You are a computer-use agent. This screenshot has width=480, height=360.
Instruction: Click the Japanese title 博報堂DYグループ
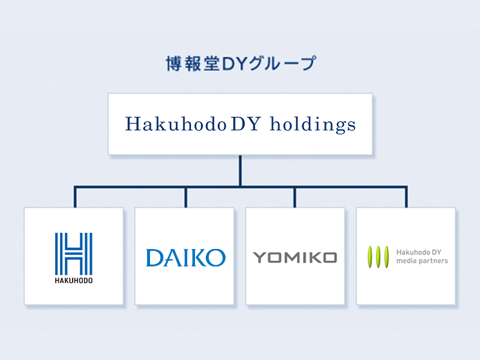pos(240,64)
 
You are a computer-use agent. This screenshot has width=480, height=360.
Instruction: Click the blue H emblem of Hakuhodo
pos(73,253)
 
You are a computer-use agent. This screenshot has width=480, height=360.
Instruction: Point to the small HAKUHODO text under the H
pos(73,280)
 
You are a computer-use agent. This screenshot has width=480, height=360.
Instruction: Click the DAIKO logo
pos(185,257)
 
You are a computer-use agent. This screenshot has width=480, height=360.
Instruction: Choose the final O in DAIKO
pos(216,257)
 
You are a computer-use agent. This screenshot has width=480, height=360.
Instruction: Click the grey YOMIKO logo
pos(295,258)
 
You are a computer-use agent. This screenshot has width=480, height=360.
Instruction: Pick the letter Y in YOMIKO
pos(259,258)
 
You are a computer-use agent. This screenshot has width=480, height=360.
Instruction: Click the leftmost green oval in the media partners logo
pos(370,256)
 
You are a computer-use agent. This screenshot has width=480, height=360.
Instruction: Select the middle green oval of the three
pos(379,256)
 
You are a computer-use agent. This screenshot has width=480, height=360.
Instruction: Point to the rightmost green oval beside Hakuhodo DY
pos(387,256)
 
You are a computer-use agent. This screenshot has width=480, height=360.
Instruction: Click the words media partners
pos(422,261)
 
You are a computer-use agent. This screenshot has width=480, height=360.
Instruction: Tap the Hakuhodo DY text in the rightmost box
pos(419,251)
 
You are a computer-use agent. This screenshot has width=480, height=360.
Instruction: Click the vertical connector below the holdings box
pos(240,170)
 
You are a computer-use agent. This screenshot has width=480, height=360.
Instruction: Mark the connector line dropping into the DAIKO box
pos(186,197)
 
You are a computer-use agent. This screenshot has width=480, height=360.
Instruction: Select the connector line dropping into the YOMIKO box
pos(295,197)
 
